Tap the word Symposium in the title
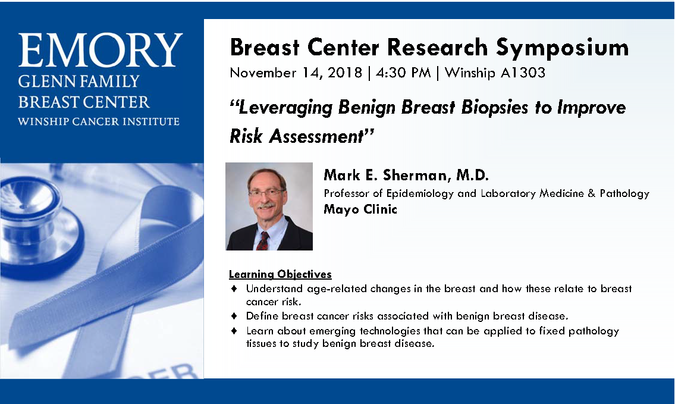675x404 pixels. [562, 48]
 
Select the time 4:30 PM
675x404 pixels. [403, 73]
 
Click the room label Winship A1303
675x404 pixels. [495, 73]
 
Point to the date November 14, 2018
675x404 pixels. [296, 73]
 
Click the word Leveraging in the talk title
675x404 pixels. [285, 108]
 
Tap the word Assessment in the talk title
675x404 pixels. [317, 136]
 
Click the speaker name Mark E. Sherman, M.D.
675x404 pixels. [406, 176]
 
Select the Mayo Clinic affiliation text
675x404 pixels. [360, 209]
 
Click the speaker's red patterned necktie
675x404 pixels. [263, 241]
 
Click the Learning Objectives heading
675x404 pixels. [280, 274]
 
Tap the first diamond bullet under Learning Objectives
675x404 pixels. [234, 288]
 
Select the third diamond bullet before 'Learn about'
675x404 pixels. [234, 331]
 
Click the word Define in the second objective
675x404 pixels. [262, 316]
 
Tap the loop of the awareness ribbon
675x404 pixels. [172, 224]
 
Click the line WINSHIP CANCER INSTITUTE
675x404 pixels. [99, 121]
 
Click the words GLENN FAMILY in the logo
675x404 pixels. [79, 82]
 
